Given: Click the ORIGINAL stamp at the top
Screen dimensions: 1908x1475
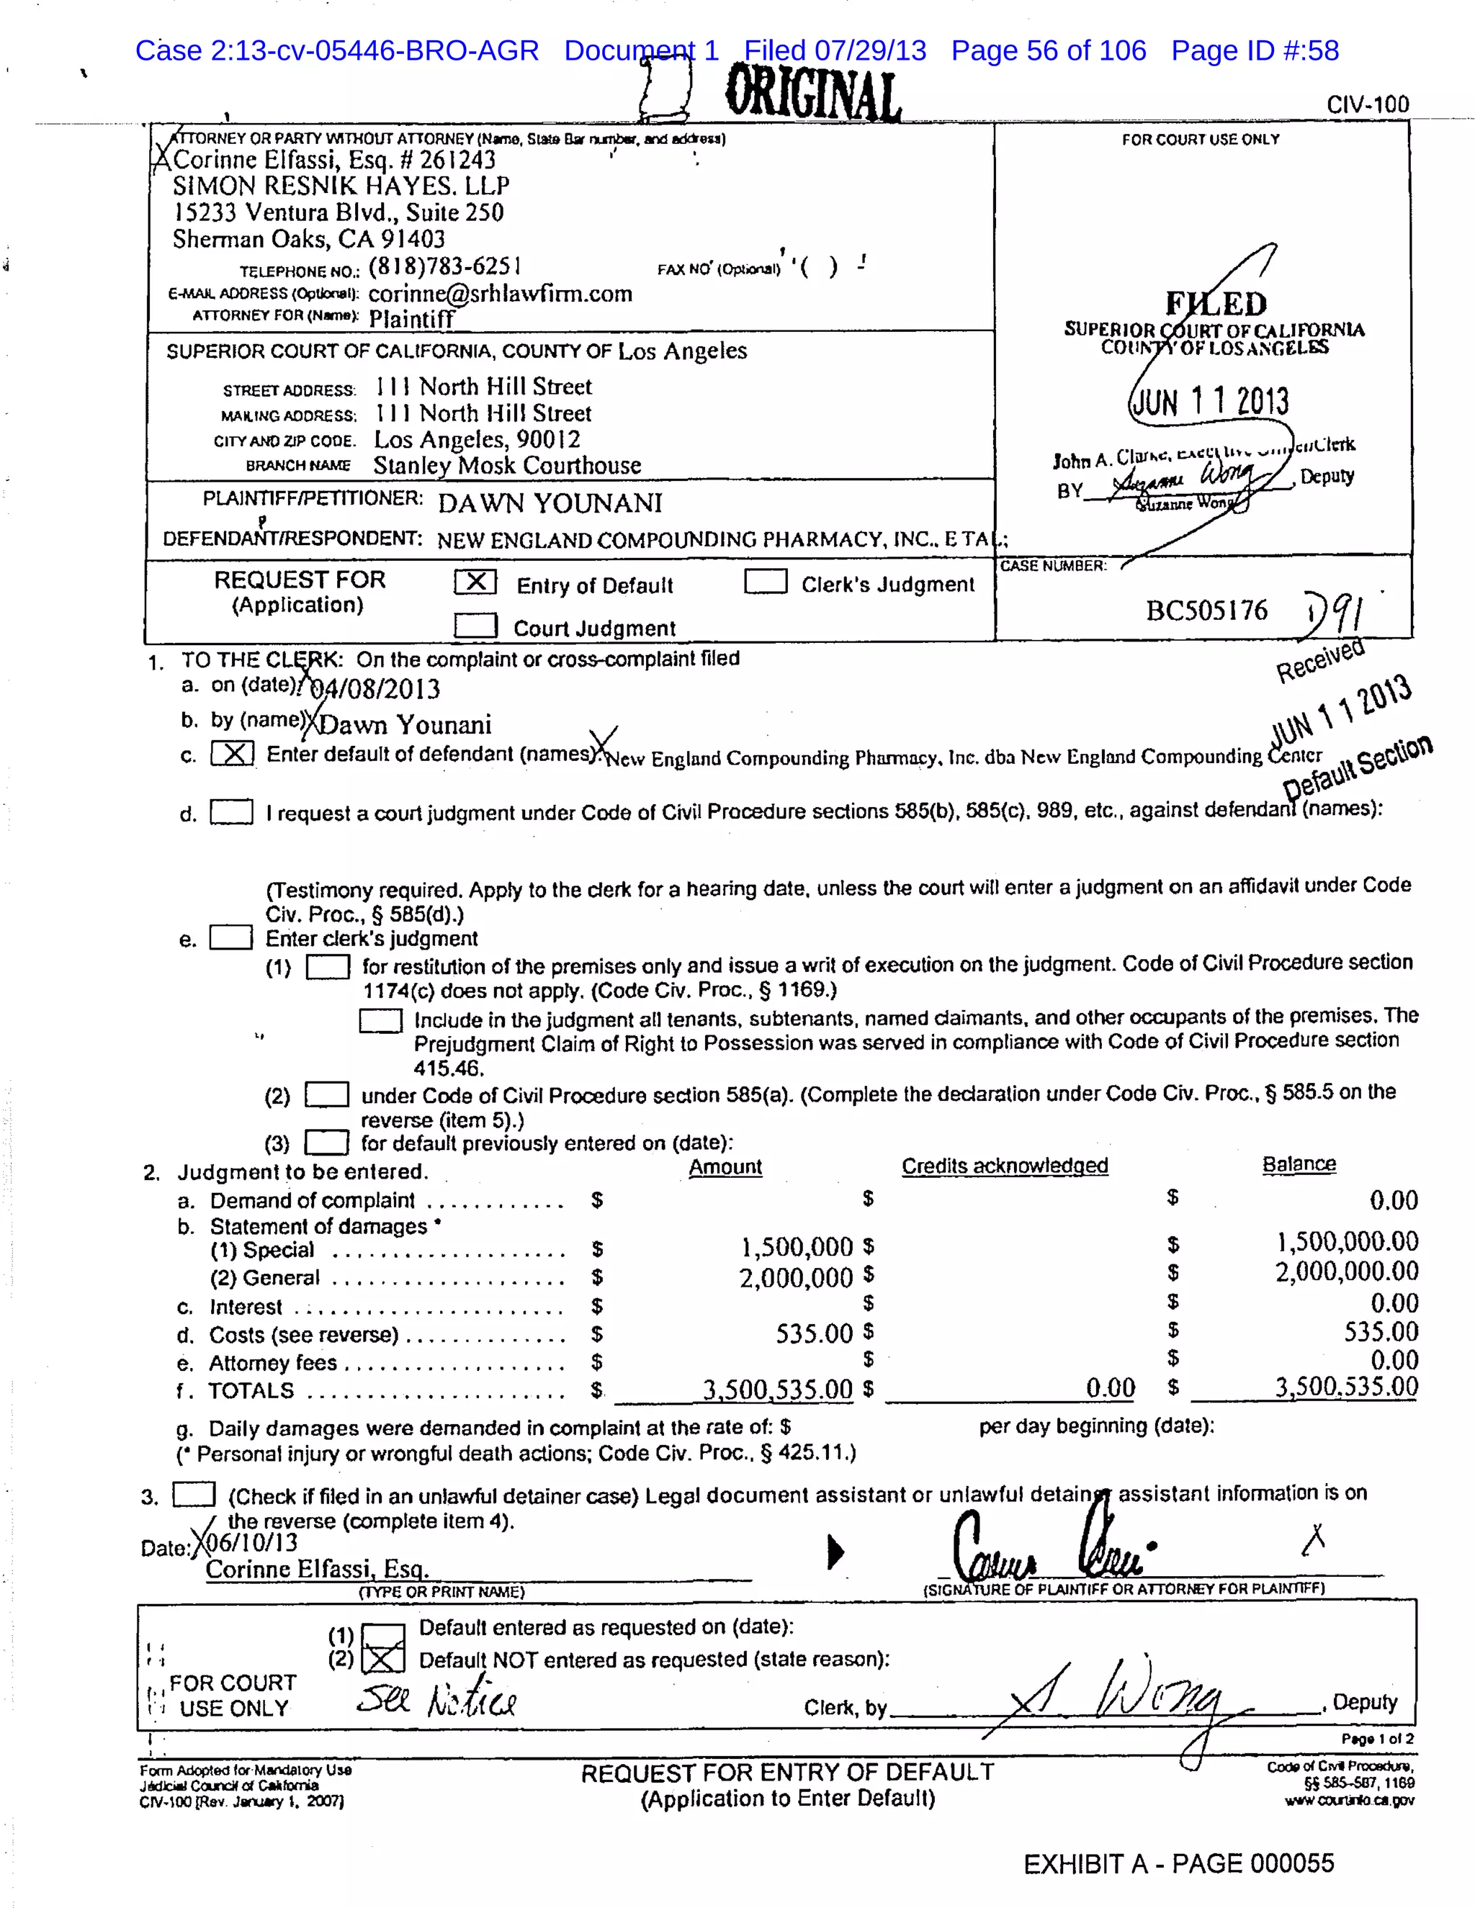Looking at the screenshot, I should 812,94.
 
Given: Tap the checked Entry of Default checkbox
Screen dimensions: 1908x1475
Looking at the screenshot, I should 475,582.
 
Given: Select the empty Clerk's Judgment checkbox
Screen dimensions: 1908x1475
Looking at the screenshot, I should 766,582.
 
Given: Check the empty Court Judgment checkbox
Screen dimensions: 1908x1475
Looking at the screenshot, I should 475,626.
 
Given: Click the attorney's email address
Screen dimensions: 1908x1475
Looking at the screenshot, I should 500,294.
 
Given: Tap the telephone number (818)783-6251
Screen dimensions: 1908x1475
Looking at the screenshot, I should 445,266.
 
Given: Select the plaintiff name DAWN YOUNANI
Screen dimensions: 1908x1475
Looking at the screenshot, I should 550,503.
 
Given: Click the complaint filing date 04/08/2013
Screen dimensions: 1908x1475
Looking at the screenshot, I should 376,689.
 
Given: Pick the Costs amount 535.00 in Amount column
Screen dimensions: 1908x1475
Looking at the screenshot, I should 814,1333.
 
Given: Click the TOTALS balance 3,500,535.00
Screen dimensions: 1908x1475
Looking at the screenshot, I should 1345,1387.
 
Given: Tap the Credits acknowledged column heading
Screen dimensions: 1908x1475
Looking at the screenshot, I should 1005,1166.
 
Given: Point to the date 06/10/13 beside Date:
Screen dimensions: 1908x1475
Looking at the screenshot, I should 250,1543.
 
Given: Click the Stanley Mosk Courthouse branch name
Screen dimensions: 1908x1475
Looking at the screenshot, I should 507,466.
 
